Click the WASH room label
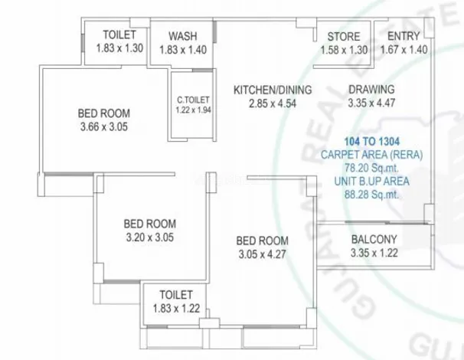tap(183, 36)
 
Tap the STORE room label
tap(344, 37)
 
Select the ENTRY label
tap(404, 36)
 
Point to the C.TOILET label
tap(193, 100)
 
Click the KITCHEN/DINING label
tap(273, 90)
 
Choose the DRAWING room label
tap(371, 90)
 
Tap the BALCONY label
tap(374, 239)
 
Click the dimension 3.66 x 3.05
tap(104, 127)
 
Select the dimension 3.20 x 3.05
tap(150, 237)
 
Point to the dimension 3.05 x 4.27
tap(262, 254)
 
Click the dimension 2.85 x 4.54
tap(273, 103)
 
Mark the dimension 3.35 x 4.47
tap(371, 103)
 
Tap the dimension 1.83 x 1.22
tap(176, 309)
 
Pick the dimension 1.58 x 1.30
tap(344, 50)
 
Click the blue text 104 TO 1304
tap(372, 142)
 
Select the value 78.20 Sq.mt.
tap(371, 168)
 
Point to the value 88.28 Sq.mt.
tap(371, 195)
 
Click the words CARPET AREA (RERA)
tap(372, 155)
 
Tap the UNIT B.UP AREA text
tap(372, 182)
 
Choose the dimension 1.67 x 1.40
tap(404, 50)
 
